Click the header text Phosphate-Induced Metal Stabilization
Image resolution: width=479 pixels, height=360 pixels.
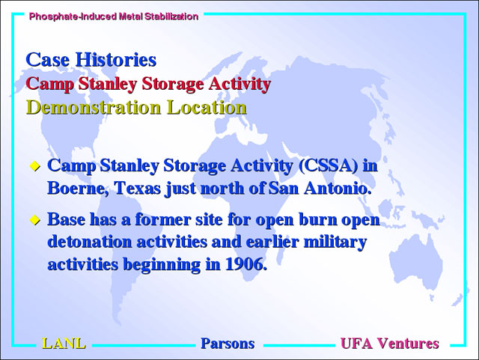pos(114,16)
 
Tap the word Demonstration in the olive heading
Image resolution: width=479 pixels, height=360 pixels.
pos(94,107)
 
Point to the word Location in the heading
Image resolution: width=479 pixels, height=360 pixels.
pos(207,107)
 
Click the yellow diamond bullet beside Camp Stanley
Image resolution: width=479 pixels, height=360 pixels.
pos(35,167)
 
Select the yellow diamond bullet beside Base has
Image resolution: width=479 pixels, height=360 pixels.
pos(35,220)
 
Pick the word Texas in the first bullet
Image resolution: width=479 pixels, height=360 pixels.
pos(138,189)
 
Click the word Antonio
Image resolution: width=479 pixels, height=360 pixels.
pos(338,189)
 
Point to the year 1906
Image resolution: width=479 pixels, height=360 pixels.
pos(246,264)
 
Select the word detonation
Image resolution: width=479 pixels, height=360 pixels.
pos(90,242)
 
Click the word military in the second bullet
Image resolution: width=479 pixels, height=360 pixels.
pos(335,242)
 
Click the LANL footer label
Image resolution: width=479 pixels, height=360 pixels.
pos(64,344)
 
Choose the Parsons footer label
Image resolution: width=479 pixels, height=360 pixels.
pos(228,344)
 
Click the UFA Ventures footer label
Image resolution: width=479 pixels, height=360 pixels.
pos(389,344)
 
